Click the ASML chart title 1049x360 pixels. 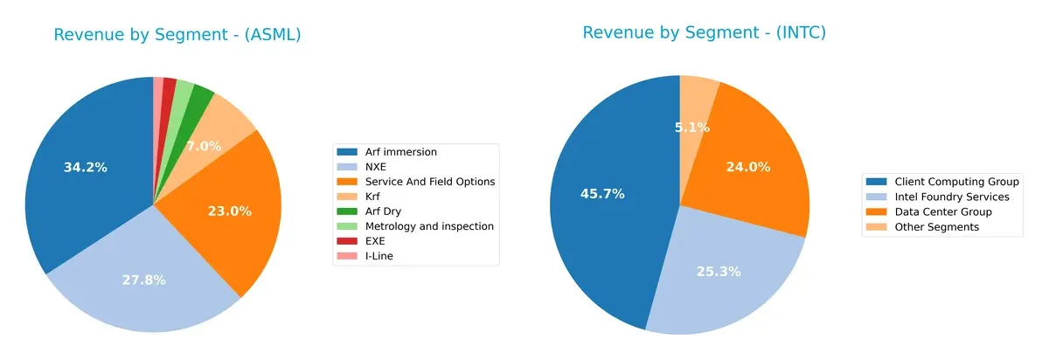tap(177, 35)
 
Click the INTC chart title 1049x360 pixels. tap(704, 33)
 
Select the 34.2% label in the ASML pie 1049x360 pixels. tap(86, 167)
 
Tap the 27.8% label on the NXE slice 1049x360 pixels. tap(144, 280)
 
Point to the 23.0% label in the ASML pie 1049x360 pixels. tap(230, 211)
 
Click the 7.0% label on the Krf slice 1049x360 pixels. tap(204, 146)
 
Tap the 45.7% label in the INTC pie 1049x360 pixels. tap(602, 193)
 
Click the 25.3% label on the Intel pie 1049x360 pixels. tap(719, 271)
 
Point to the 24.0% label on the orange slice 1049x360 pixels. tap(748, 166)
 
